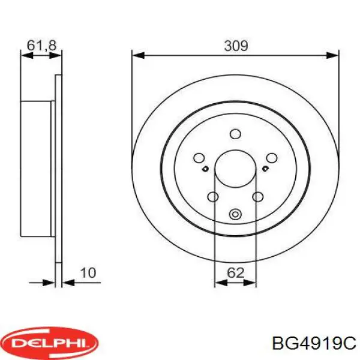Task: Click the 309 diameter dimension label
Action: [236, 46]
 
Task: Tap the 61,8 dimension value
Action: [41, 46]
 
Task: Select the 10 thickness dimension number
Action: [88, 273]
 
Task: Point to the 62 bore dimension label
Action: [236, 273]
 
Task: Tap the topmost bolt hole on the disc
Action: [235, 134]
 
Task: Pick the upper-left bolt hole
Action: [199, 158]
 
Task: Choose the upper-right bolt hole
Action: [272, 158]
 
